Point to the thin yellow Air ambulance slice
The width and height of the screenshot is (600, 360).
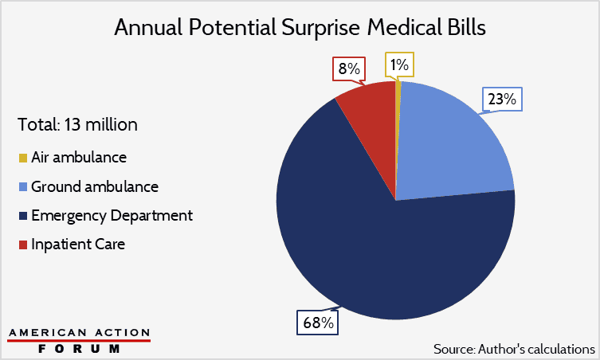tap(397, 119)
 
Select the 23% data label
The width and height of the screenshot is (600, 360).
tap(501, 100)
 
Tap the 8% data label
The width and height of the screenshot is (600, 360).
tap(347, 68)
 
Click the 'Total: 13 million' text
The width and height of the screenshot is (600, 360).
tap(77, 125)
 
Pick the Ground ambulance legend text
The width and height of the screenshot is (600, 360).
tap(94, 187)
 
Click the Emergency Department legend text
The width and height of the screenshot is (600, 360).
tap(112, 216)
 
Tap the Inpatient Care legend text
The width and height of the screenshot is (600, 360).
tap(78, 245)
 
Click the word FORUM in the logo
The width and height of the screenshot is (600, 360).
tap(79, 348)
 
